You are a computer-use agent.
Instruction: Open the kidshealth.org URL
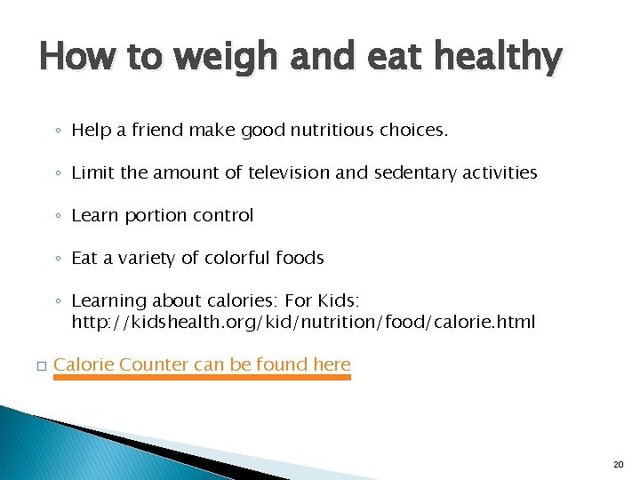(303, 321)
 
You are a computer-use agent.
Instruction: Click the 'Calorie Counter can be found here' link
(202, 364)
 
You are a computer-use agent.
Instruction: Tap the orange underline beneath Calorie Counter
(202, 377)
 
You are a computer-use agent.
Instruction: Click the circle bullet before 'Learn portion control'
(57, 216)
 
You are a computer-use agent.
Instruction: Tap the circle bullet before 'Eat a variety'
(57, 259)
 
